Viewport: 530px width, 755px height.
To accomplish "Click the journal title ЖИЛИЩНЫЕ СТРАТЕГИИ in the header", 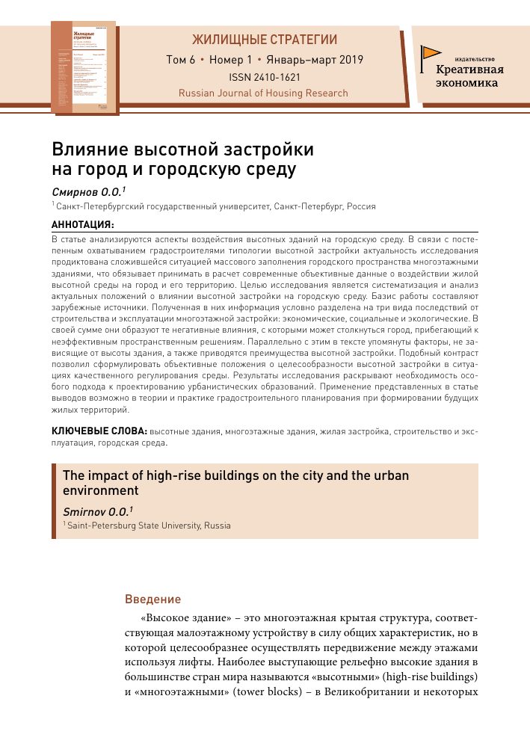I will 264,40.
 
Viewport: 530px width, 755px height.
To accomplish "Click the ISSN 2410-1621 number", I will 264,77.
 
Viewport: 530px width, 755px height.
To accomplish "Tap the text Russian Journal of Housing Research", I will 263,93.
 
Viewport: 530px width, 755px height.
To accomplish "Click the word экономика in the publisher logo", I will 467,83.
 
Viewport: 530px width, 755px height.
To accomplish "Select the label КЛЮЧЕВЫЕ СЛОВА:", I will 99,431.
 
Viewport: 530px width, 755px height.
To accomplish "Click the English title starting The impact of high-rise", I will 235,475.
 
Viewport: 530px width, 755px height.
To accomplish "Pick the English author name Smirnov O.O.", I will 96,511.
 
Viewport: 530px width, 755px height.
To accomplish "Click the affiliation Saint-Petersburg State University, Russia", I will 149,526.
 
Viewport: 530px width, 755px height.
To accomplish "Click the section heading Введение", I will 152,599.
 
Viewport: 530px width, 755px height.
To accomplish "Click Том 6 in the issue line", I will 181,59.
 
